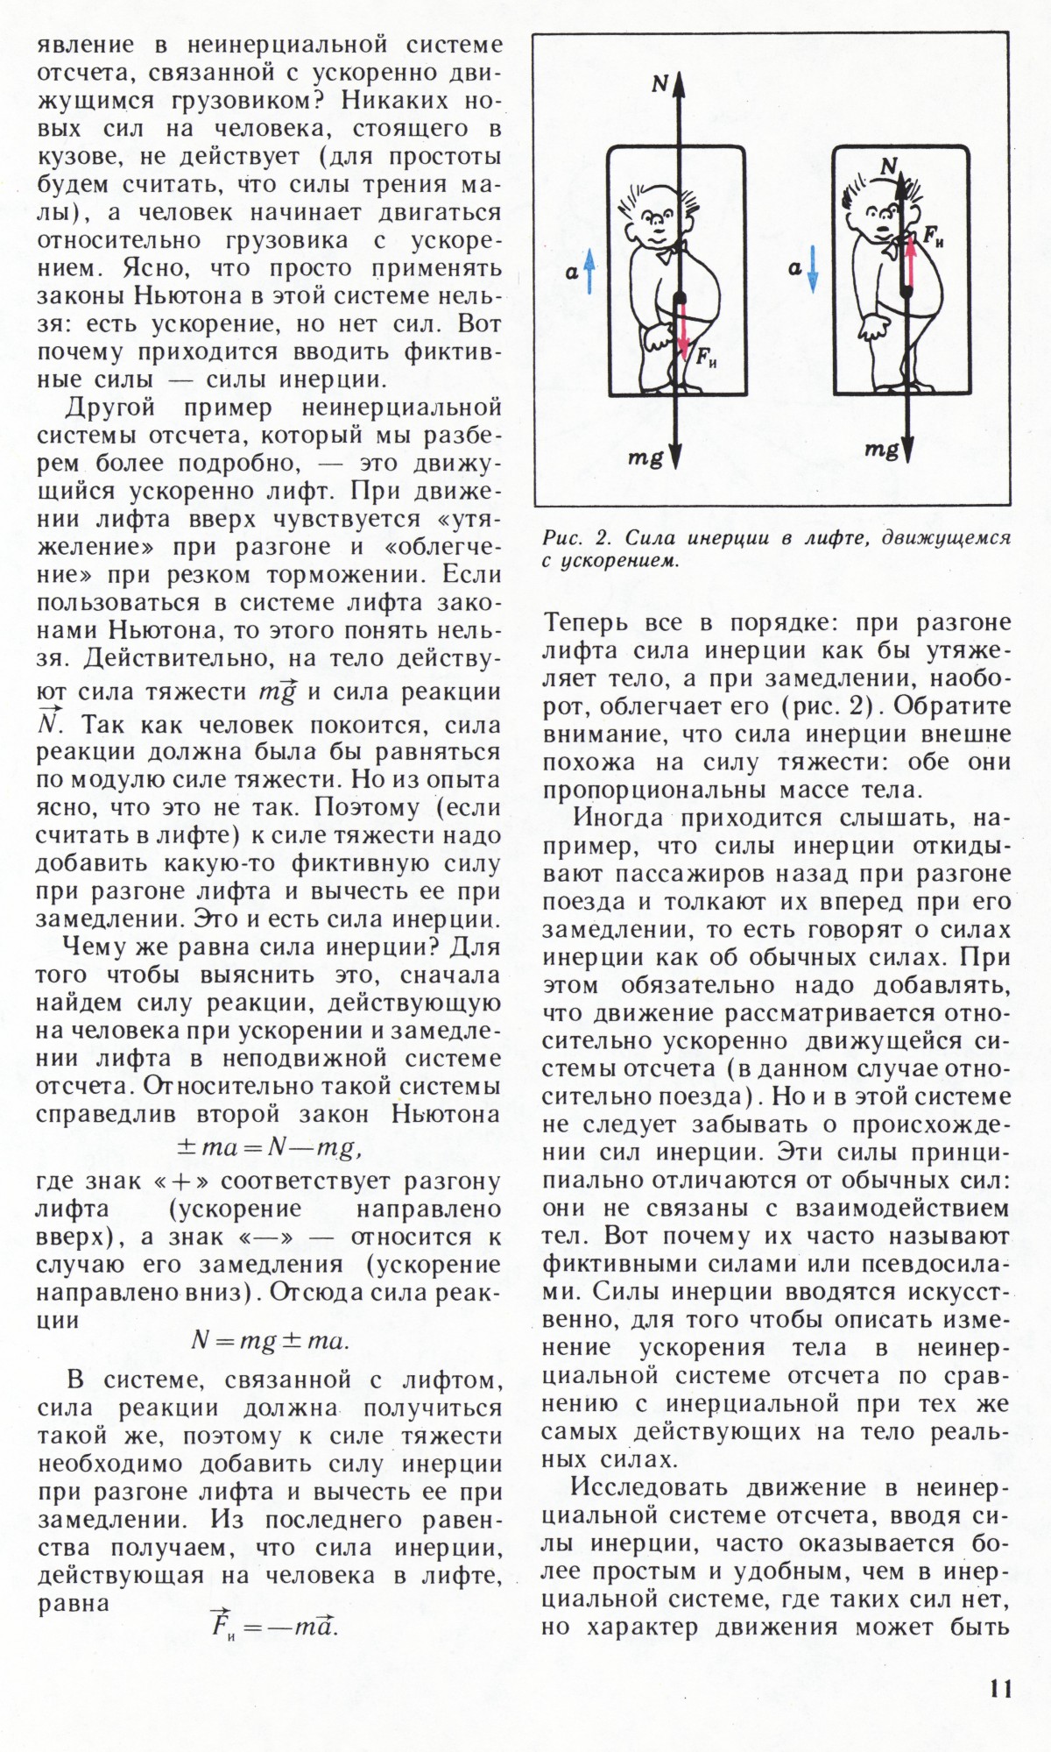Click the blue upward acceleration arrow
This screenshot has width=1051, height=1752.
(589, 270)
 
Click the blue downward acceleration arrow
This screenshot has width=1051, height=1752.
(813, 268)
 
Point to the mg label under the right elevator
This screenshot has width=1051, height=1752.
(881, 450)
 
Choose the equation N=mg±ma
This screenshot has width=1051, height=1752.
(270, 1341)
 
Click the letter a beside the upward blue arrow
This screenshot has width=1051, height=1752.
(571, 273)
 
